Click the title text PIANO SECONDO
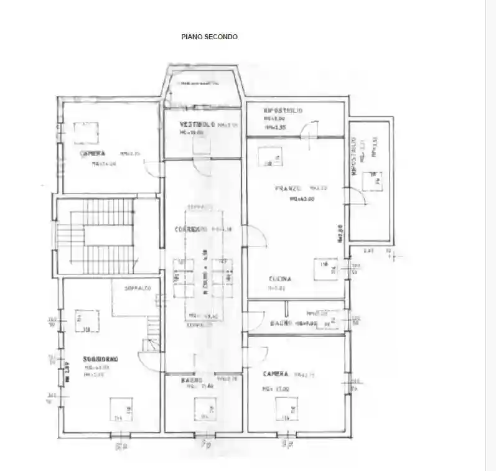209,37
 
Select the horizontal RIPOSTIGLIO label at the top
283,110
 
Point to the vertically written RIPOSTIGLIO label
353,163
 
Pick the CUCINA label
280,279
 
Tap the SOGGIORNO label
101,359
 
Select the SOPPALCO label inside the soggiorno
138,289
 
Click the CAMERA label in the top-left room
92,153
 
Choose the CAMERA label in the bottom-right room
275,373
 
